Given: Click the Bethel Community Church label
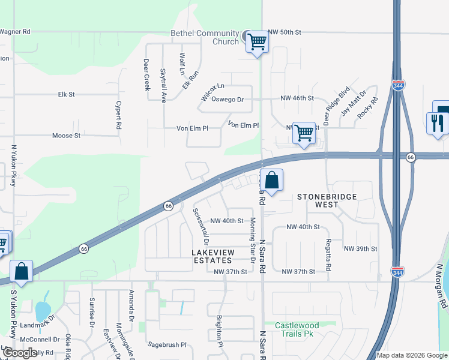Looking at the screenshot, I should [196, 37].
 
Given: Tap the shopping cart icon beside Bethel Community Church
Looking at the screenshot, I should [258, 42].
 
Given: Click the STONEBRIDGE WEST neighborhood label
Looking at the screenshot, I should [327, 200].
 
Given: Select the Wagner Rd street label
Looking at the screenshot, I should [14, 31].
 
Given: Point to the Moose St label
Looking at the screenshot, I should [66, 136].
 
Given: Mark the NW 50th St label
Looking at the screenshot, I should [285, 31].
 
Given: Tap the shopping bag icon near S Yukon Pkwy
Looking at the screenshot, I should [22, 271].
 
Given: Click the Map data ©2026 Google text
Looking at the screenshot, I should [412, 355].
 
